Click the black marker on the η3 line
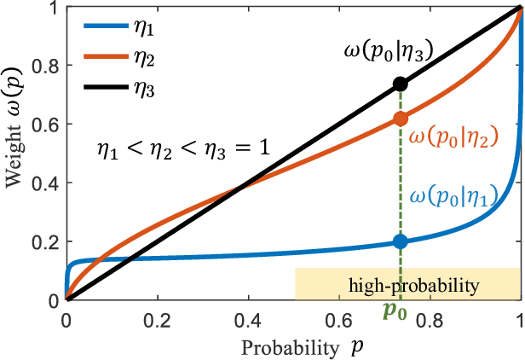[401, 84]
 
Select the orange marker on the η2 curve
[401, 119]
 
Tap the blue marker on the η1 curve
[401, 242]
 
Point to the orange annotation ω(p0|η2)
[453, 136]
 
